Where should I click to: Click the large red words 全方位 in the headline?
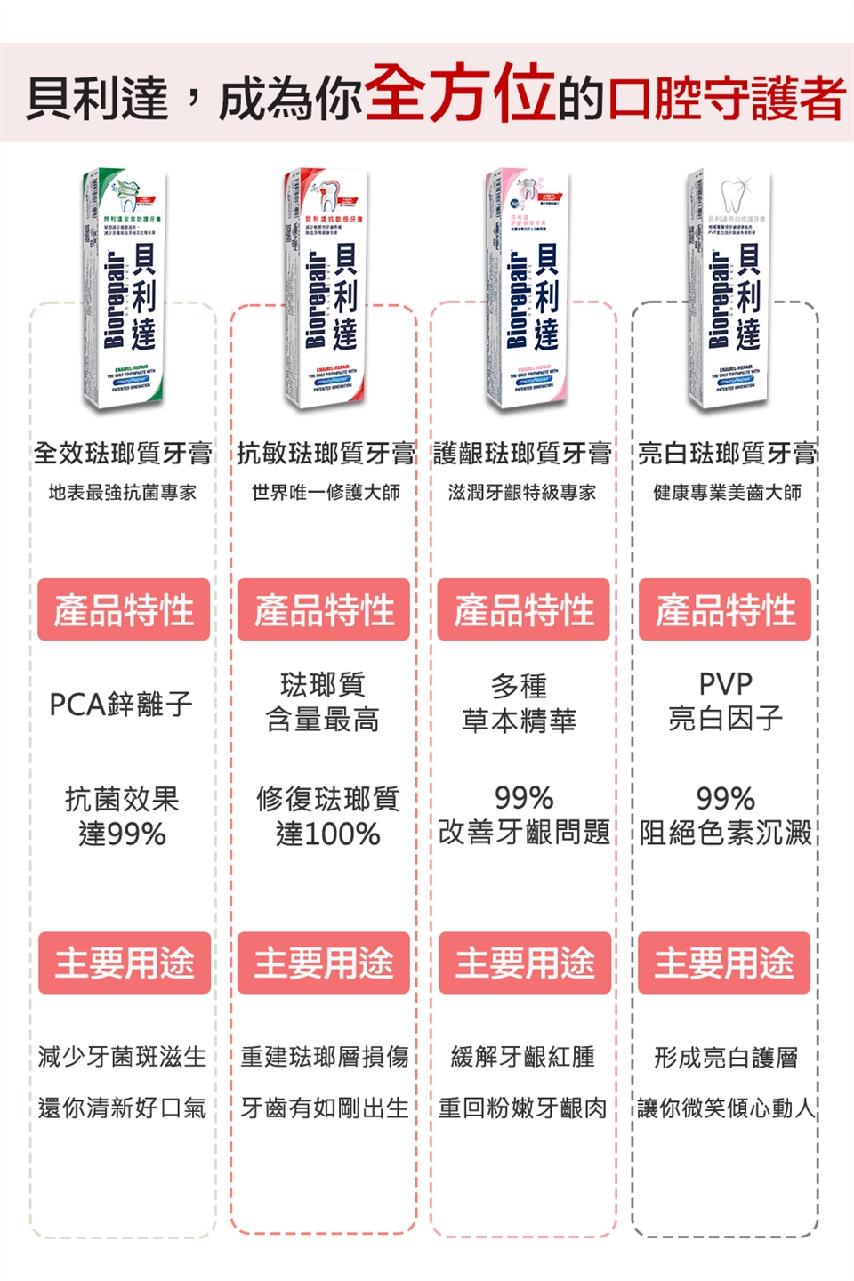[x=459, y=93]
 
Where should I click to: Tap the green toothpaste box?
[x=126, y=290]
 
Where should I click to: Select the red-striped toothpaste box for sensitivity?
[x=326, y=290]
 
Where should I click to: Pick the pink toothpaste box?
[x=528, y=290]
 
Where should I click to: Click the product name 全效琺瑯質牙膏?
[x=123, y=454]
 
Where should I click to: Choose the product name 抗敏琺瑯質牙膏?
[x=325, y=454]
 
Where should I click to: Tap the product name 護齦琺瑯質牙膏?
[x=523, y=454]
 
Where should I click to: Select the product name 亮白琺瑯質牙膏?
[x=727, y=454]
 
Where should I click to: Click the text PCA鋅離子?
[x=121, y=705]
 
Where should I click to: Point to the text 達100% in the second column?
[x=327, y=834]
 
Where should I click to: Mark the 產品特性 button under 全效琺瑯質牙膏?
[x=124, y=610]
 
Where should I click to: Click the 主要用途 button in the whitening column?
[x=724, y=963]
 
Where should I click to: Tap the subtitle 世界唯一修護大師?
[x=326, y=493]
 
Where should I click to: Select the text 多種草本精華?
[x=520, y=703]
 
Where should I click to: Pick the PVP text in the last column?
[x=726, y=684]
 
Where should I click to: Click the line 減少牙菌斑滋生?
[x=122, y=1057]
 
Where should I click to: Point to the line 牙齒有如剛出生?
[x=325, y=1108]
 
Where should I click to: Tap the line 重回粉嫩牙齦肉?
[x=523, y=1108]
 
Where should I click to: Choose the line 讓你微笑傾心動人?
[x=726, y=1108]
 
